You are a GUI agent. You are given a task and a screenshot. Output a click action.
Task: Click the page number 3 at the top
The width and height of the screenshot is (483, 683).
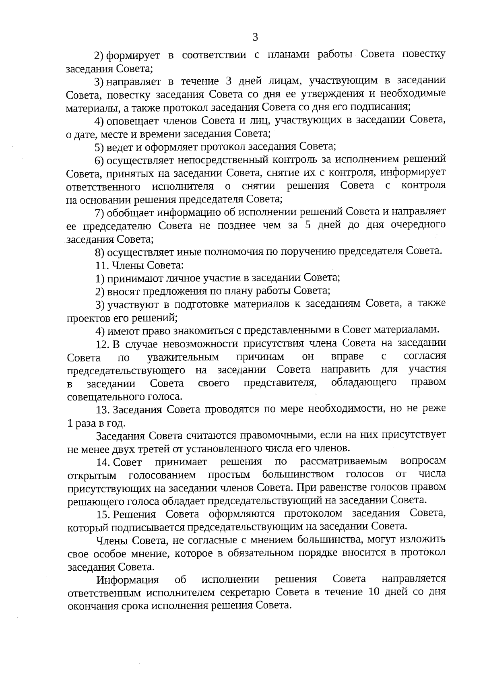tap(255, 38)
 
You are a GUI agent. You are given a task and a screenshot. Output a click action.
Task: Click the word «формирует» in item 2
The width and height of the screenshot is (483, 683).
tap(133, 56)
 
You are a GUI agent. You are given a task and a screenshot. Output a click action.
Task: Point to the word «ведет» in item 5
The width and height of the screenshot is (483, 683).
tap(119, 147)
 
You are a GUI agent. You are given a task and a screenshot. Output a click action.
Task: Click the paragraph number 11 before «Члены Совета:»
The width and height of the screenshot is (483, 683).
tap(101, 265)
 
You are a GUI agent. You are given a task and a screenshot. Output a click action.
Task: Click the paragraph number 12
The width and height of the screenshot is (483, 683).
tap(102, 344)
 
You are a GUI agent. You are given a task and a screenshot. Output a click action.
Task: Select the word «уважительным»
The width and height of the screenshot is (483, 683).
tap(183, 357)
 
